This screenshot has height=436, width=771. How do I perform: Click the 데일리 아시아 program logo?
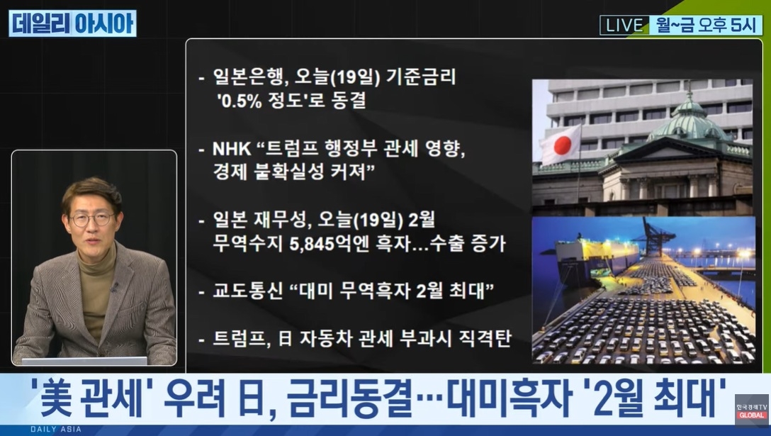pos(73,23)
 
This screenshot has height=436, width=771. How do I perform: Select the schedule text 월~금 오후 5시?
pos(706,25)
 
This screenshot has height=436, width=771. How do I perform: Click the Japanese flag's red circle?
pos(563,145)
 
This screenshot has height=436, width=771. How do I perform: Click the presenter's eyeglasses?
pos(92,218)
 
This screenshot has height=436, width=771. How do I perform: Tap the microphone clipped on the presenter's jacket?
pos(114,286)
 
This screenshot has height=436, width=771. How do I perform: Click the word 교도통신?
pos(248,291)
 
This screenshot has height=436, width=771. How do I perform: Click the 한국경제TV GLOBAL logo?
pos(752,410)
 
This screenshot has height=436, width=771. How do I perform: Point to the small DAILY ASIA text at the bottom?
pos(56,429)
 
